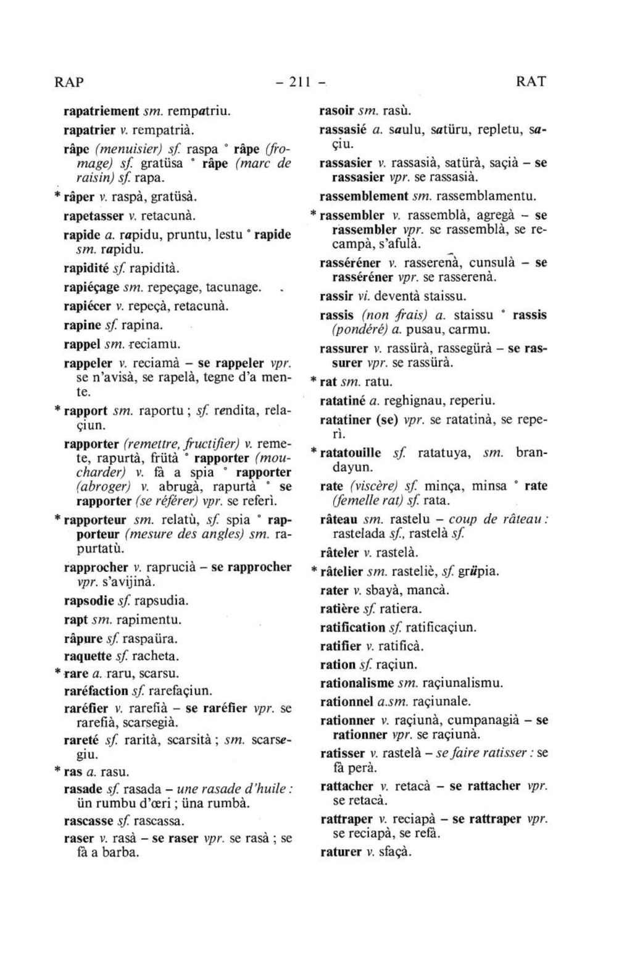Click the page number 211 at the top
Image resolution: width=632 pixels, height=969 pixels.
pyautogui.click(x=299, y=82)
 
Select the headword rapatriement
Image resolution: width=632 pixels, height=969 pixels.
pyautogui.click(x=101, y=112)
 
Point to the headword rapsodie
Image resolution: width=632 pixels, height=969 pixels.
pyautogui.click(x=89, y=600)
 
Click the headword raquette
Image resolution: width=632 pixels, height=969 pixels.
pyautogui.click(x=88, y=656)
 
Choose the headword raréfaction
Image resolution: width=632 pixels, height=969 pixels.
pyautogui.click(x=96, y=690)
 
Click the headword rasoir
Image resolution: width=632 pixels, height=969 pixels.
pyautogui.click(x=336, y=111)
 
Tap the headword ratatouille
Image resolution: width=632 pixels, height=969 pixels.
pyautogui.click(x=351, y=453)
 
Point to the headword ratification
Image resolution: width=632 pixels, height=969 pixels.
pyautogui.click(x=352, y=627)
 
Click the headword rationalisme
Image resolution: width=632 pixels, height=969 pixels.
pyautogui.click(x=357, y=683)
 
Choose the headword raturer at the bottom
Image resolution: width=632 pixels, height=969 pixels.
pyautogui.click(x=341, y=852)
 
